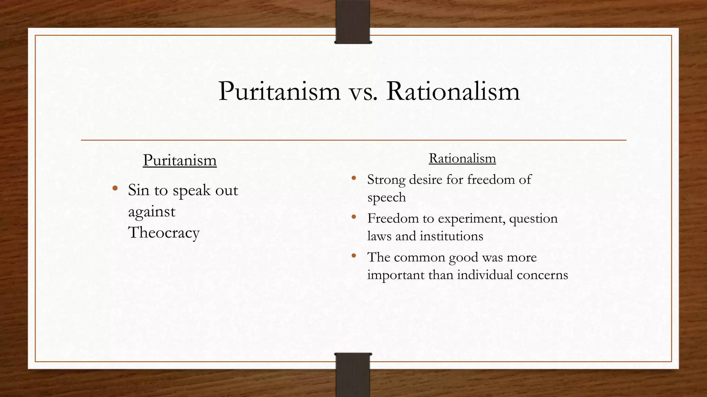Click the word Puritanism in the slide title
pyautogui.click(x=279, y=91)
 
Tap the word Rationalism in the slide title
pyautogui.click(x=453, y=91)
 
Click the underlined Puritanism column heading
pyautogui.click(x=180, y=160)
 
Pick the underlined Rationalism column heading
pyautogui.click(x=462, y=158)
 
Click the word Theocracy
pyautogui.click(x=164, y=232)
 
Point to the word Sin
pyautogui.click(x=138, y=190)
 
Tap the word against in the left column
pyautogui.click(x=152, y=211)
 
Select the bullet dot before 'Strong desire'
pyautogui.click(x=353, y=178)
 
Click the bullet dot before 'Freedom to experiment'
pyautogui.click(x=353, y=217)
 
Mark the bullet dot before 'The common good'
pyautogui.click(x=353, y=256)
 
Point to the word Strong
pyautogui.click(x=386, y=180)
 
